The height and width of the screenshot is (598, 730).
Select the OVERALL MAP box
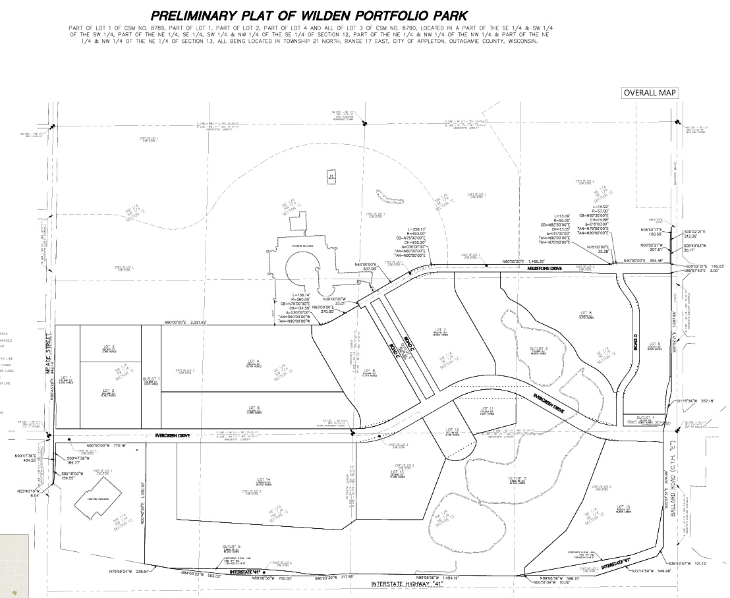tap(650, 93)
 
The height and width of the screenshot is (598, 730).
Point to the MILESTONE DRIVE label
tap(544, 269)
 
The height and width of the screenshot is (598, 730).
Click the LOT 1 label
tap(65, 377)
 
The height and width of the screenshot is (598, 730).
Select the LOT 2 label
tap(109, 346)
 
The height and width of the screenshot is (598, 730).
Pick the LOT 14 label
tap(264, 479)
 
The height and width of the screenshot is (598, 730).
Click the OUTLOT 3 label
tap(540, 348)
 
